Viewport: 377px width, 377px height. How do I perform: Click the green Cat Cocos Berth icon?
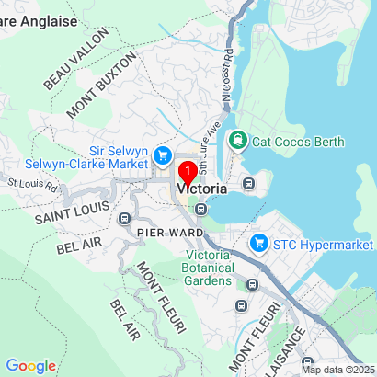tap(238, 142)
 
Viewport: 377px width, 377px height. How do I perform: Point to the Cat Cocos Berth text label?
tap(299, 142)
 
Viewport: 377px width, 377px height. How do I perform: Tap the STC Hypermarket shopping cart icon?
tap(259, 244)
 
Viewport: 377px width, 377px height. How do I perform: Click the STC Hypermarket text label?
tap(323, 244)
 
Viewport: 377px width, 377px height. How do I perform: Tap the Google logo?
tap(31, 365)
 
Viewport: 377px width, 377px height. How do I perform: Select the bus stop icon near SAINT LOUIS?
tap(124, 219)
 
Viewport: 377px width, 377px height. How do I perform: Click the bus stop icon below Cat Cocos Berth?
tap(247, 182)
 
